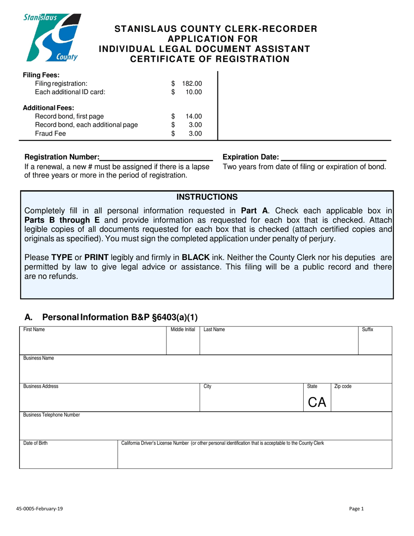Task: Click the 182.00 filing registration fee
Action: (192, 83)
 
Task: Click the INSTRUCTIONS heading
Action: (207, 197)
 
